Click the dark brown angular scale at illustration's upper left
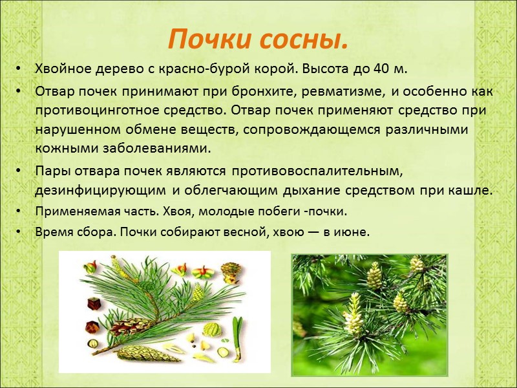coord(94,304)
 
